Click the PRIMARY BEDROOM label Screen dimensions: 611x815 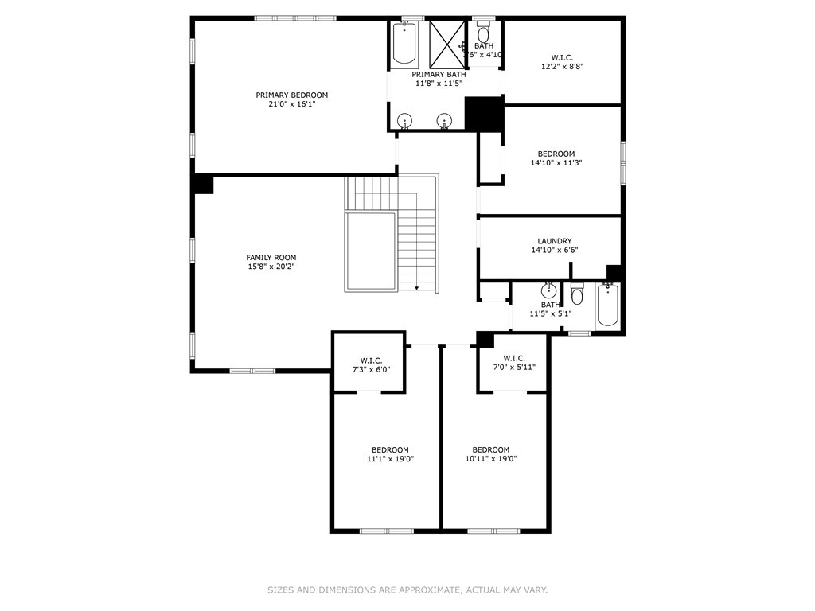point(291,95)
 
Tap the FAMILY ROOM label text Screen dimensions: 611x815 point(271,257)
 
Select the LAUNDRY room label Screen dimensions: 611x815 point(554,241)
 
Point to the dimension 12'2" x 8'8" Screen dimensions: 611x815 point(561,67)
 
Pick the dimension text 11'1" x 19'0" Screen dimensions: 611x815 point(390,459)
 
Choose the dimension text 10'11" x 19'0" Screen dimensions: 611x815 point(491,459)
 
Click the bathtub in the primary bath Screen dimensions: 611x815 point(404,44)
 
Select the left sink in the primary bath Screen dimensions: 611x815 point(405,121)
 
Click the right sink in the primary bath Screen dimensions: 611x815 point(444,121)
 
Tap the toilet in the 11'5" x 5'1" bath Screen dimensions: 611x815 point(578,296)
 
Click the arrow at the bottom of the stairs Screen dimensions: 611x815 point(416,288)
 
